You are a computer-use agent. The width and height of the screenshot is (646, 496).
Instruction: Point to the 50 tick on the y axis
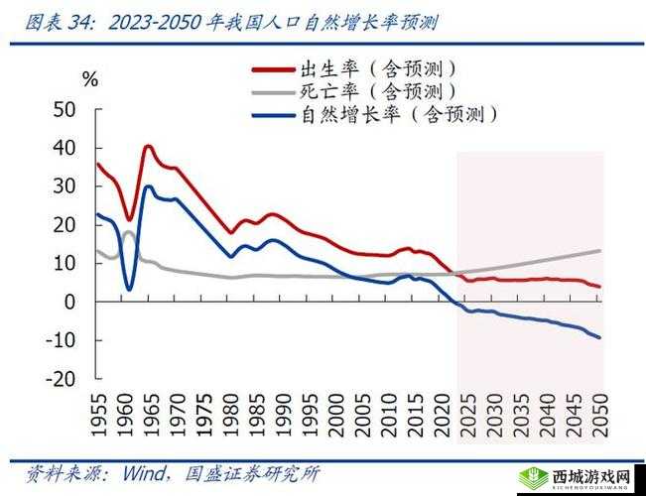[x=65, y=109]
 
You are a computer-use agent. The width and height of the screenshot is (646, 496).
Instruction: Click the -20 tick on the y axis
[x=60, y=379]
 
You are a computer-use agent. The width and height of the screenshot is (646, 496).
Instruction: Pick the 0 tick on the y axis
[x=70, y=302]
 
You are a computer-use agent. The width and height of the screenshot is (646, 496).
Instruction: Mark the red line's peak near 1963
[x=148, y=146]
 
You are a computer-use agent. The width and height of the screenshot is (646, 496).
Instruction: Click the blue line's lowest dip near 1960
[x=129, y=289]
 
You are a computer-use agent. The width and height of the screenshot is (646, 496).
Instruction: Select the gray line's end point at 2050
[x=599, y=250]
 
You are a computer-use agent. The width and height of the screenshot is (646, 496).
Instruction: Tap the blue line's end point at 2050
[x=599, y=337]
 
